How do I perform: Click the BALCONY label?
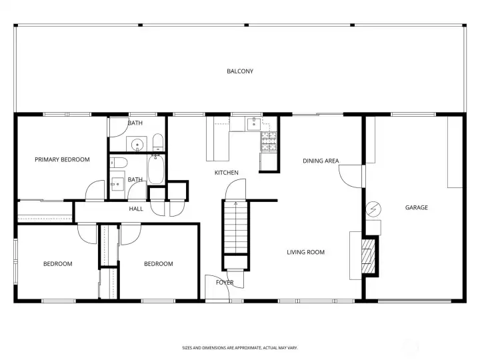point(239,71)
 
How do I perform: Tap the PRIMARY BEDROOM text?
point(62,160)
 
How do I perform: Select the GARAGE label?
point(416,207)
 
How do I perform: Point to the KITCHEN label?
point(226,173)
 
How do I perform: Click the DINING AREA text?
point(321,161)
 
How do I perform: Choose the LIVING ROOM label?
point(305,252)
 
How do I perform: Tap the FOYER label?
point(224,283)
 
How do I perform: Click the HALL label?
point(136,209)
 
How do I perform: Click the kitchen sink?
point(254,123)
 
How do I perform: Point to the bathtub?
point(157,169)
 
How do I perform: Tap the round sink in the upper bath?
point(138,143)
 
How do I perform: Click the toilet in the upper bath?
point(157,142)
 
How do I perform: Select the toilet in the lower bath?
point(119,162)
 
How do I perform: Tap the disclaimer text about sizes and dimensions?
point(239,347)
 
